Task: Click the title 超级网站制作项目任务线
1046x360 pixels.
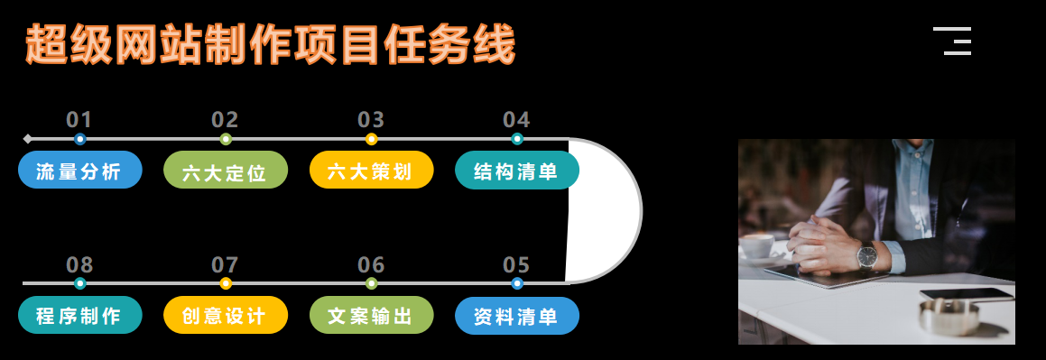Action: tap(270, 45)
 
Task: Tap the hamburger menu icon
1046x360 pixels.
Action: tap(952, 42)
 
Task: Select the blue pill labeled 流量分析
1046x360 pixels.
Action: tap(79, 171)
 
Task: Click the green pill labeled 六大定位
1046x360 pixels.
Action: tap(225, 171)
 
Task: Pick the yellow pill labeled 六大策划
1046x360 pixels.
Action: tap(370, 171)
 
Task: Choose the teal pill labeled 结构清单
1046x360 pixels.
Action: tap(515, 171)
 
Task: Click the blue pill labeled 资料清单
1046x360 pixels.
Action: tap(515, 316)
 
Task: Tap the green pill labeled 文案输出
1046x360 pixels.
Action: tap(370, 316)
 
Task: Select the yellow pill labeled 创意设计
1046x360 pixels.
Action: tap(225, 316)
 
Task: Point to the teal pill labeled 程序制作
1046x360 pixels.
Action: tap(79, 316)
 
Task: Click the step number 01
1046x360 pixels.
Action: tap(79, 120)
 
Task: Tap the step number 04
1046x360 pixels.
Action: tap(516, 120)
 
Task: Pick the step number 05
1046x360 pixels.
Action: tap(516, 265)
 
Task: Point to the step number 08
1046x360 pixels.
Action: tap(79, 265)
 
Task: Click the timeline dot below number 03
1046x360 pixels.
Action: tap(371, 139)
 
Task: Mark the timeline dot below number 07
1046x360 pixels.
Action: tap(226, 283)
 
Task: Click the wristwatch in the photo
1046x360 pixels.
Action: tap(866, 257)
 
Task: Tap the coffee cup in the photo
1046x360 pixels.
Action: tap(756, 245)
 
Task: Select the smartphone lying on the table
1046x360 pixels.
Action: tap(967, 294)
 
